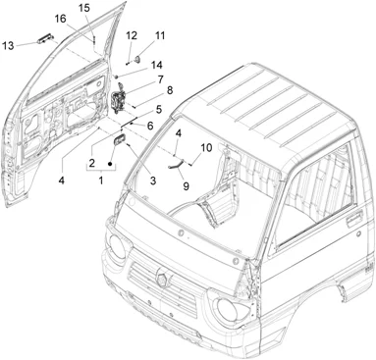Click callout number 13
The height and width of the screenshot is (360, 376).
[8, 46]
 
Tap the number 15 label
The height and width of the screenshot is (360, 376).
[84, 8]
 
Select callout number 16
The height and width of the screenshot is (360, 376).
[60, 19]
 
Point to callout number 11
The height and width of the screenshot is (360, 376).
[160, 35]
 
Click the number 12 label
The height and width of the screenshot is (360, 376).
[132, 35]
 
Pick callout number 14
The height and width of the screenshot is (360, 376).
[157, 65]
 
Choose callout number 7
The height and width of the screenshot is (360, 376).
[160, 79]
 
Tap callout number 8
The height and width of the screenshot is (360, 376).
[170, 90]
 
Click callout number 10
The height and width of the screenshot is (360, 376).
[206, 148]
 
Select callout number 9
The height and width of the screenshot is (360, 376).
[186, 186]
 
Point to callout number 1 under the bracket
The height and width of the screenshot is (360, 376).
[101, 180]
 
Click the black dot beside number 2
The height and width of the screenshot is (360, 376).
[110, 163]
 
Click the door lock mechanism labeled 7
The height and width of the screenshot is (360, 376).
[118, 101]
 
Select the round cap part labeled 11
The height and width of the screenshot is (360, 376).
[138, 59]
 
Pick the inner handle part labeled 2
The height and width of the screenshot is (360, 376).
[119, 139]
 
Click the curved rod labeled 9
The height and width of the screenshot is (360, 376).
[176, 164]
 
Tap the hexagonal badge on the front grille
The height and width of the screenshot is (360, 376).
[162, 278]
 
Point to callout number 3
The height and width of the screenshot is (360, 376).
[153, 180]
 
